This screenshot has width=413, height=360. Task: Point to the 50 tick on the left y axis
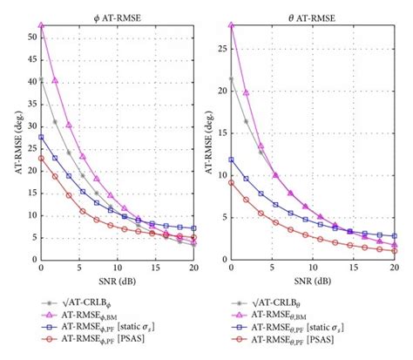(x=31, y=36)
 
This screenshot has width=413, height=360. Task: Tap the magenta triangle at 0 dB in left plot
(x=41, y=26)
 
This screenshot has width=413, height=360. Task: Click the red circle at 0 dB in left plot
(x=41, y=159)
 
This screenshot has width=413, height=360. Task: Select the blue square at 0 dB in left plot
(x=41, y=137)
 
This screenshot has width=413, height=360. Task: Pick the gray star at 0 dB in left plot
(x=41, y=79)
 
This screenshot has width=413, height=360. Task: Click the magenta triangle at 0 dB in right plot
(x=231, y=25)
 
